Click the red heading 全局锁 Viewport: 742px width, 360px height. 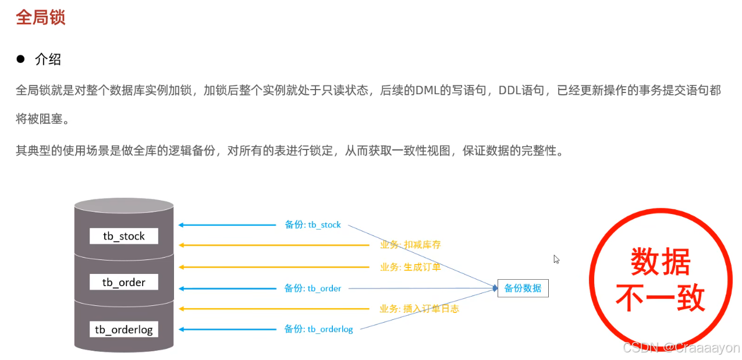[40, 17]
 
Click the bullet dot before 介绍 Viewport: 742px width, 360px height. [21, 59]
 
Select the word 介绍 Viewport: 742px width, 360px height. [48, 59]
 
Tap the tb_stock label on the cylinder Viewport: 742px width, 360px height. [123, 236]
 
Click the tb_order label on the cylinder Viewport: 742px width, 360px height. [123, 282]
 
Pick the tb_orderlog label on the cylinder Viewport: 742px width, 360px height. [123, 330]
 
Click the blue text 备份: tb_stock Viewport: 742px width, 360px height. [313, 224]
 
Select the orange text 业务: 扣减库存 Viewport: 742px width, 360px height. [410, 245]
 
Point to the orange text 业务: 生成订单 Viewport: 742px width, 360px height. [410, 267]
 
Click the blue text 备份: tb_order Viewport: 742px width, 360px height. [313, 288]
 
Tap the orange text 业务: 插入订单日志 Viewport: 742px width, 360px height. [419, 309]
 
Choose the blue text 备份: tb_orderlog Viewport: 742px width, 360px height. [318, 329]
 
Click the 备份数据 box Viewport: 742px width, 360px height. [523, 288]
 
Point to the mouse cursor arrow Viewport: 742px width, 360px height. [556, 259]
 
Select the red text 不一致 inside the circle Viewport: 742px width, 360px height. [661, 298]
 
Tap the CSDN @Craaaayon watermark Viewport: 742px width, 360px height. [681, 348]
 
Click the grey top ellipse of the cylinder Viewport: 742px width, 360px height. [124, 205]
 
